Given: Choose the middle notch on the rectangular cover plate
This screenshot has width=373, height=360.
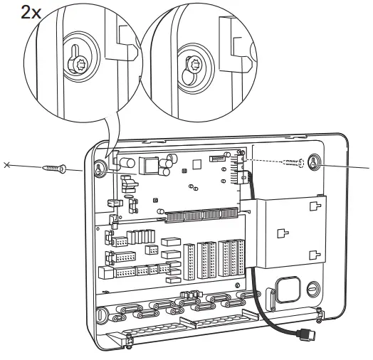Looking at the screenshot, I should [x=282, y=231].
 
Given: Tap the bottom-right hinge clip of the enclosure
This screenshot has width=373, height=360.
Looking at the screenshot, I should [x=321, y=312].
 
